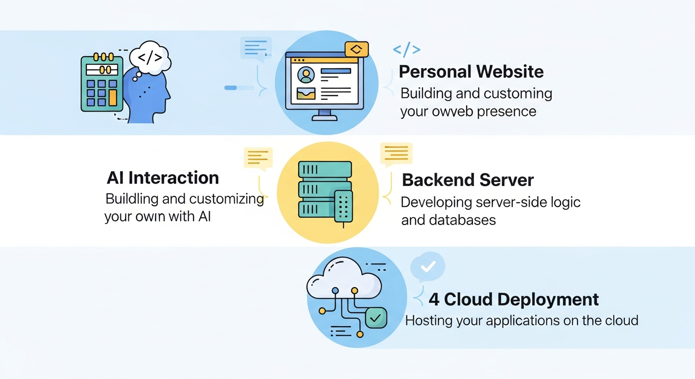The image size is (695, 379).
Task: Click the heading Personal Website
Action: pos(471,72)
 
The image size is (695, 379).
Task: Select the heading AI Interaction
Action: pos(163,178)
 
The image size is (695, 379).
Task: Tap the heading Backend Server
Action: pos(467,180)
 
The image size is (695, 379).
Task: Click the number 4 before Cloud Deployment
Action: pos(434,300)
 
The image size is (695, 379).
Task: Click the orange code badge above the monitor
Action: pos(357,49)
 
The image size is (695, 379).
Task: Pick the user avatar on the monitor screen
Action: pos(307,75)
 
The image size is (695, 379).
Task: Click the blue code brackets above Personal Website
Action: pos(406,49)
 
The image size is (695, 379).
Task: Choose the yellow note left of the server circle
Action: pos(258,158)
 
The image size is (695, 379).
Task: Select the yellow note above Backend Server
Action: pos(395,154)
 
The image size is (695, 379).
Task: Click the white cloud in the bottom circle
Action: pos(344,283)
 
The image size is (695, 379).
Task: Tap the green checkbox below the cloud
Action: pos(376,317)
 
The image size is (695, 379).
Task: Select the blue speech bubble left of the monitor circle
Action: pos(256,48)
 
